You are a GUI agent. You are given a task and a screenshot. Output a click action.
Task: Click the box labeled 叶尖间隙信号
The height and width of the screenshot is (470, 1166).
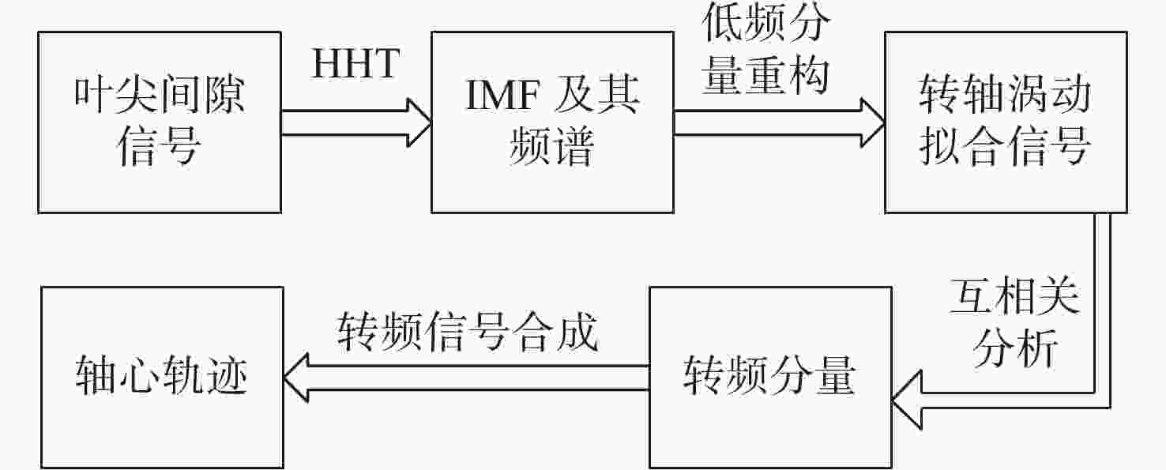click(160, 122)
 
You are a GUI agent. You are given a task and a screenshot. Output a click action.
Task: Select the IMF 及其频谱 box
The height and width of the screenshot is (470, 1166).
click(552, 122)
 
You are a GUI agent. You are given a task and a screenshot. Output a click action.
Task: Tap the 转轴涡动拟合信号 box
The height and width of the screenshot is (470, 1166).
click(1006, 122)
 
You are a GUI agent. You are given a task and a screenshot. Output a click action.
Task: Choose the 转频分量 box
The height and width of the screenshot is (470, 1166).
click(770, 378)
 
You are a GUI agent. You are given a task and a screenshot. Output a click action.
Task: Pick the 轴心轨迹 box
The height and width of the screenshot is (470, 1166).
click(162, 378)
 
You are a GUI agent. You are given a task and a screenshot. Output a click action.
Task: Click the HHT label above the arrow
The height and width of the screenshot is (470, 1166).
click(356, 63)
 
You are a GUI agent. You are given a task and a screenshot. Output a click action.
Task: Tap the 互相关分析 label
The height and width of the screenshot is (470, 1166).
click(1015, 323)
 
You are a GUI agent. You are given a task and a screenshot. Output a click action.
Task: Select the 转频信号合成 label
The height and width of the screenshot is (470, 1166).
click(467, 332)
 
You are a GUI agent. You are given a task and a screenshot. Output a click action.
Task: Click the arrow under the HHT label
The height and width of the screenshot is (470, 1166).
click(356, 123)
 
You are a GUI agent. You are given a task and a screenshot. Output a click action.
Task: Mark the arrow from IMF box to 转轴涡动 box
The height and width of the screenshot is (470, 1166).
click(780, 123)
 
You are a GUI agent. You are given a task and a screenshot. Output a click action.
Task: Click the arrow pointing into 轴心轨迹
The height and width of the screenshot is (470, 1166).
click(466, 378)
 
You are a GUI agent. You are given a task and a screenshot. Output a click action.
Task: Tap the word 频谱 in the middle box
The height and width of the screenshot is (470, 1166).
click(551, 146)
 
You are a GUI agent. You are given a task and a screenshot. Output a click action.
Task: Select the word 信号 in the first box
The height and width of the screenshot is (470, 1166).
click(160, 146)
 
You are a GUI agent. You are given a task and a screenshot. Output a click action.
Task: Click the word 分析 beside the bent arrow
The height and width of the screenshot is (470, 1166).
click(1015, 348)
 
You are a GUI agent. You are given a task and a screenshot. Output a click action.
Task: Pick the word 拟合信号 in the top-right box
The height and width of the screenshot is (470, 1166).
click(1005, 146)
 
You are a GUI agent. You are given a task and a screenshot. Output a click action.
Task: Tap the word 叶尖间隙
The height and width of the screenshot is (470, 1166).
click(160, 96)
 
